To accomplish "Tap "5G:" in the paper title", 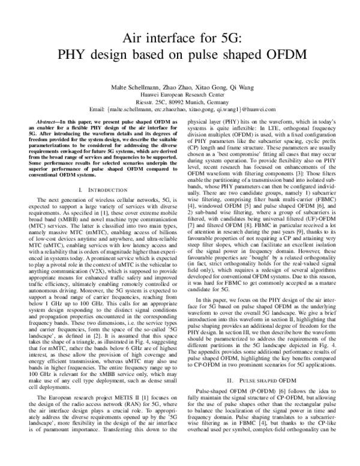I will [225, 40].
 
